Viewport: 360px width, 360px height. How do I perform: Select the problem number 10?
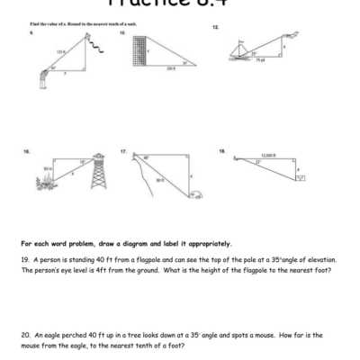tap(122, 31)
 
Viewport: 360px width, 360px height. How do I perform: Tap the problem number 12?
tap(215, 27)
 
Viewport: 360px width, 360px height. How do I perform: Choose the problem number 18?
tap(221, 152)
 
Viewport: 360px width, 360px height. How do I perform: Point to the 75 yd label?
tap(259, 60)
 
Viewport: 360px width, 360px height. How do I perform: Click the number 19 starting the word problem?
tap(24, 259)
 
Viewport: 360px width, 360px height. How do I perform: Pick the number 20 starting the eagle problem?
tap(25, 334)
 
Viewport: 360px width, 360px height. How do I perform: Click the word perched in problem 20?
tap(77, 334)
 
